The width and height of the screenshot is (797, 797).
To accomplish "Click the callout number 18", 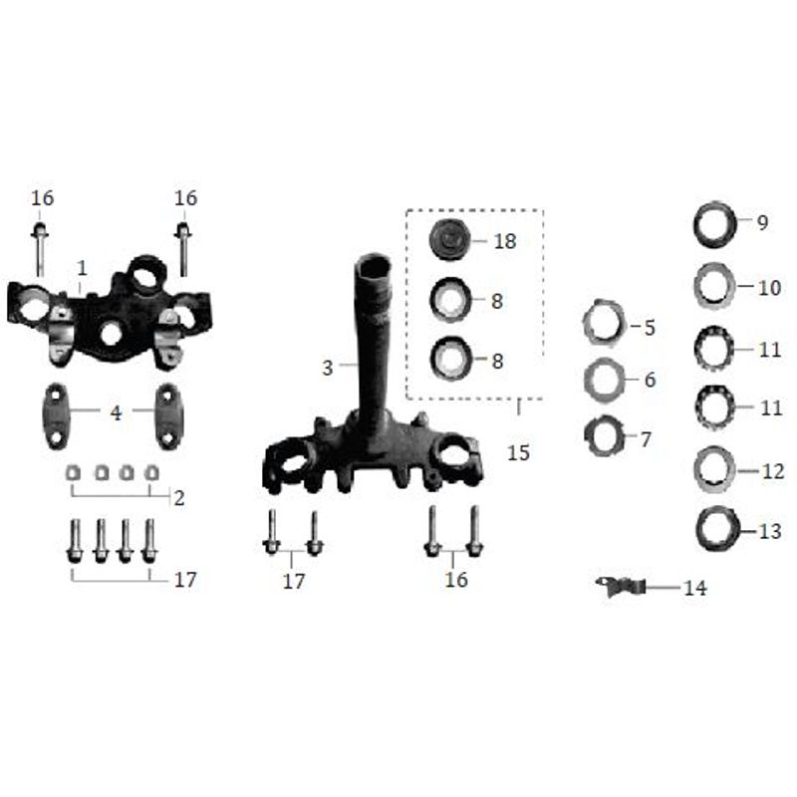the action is coord(505,241).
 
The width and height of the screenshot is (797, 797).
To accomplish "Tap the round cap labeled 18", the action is coord(450,240).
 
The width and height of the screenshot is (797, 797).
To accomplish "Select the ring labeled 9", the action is coord(715,223).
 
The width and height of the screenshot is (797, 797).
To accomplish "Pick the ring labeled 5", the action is coord(604,323).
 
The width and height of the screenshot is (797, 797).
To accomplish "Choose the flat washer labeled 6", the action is coord(605,380).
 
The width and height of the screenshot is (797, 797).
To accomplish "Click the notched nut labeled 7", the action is coord(604,436).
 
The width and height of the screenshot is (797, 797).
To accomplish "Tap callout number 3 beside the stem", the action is coord(328,368).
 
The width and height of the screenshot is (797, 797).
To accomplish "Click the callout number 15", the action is coord(518,452).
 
